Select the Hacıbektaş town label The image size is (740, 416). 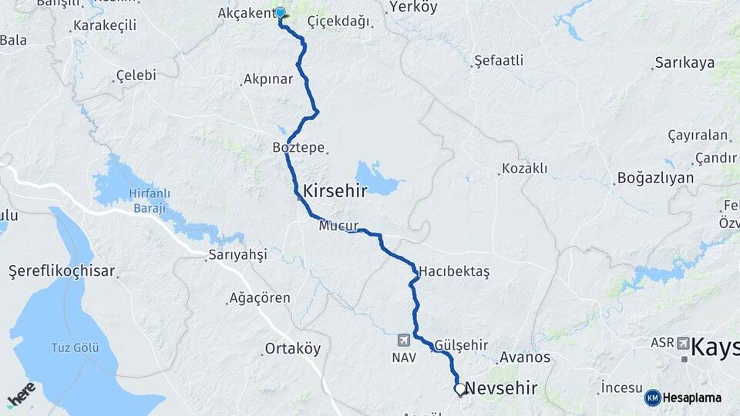point(454,272)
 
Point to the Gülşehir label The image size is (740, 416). point(461,344)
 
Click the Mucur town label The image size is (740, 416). point(338,226)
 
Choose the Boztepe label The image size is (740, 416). point(298,147)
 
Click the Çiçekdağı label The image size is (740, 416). point(338,22)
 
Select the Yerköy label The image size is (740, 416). point(413,8)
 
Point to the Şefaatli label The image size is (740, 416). point(499,59)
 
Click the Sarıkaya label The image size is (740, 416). point(684,63)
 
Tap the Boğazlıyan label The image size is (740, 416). point(655,178)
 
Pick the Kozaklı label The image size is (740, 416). point(524,168)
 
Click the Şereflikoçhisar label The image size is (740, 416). point(62,271)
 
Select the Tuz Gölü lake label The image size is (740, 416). point(75,347)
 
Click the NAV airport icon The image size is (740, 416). point(403,340)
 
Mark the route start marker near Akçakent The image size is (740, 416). point(281,13)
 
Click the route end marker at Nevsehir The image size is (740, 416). point(460,390)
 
